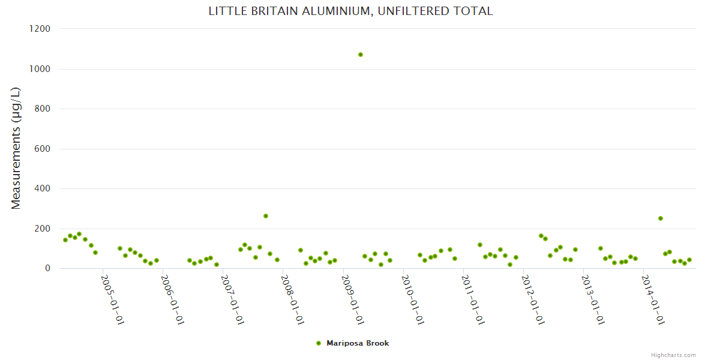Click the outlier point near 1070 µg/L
361,55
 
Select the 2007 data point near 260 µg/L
266,216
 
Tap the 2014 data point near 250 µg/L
661,218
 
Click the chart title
350,11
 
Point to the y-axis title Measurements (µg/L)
16,148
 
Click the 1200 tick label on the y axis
39,29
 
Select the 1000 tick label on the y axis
39,69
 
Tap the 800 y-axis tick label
41,109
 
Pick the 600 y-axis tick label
41,149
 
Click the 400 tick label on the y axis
41,188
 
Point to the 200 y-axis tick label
41,229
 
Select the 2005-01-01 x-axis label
112,299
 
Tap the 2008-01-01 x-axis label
293,299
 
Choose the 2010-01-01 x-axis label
413,299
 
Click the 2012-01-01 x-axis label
533,299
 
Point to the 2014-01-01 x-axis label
654,299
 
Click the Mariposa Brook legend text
358,343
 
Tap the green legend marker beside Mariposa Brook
319,343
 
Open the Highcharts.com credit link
673,355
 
